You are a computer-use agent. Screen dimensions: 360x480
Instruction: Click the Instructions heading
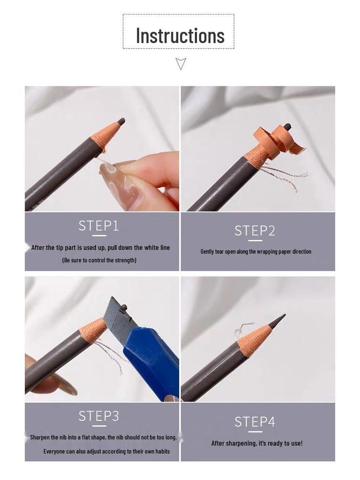(180, 36)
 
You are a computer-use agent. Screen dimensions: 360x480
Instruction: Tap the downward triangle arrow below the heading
(181, 63)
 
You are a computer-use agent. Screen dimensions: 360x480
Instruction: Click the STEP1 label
(98, 226)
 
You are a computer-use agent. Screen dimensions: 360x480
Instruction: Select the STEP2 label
(255, 231)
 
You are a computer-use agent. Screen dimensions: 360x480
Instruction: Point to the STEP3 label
(98, 416)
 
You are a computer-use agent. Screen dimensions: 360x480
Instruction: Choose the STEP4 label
(255, 422)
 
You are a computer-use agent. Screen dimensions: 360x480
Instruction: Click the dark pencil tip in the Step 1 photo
(121, 121)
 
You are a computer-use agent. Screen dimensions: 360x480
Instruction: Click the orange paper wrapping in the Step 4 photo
(254, 340)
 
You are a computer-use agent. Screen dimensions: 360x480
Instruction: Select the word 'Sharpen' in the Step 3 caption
(40, 437)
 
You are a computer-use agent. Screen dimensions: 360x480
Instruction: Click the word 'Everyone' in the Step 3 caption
(54, 451)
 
